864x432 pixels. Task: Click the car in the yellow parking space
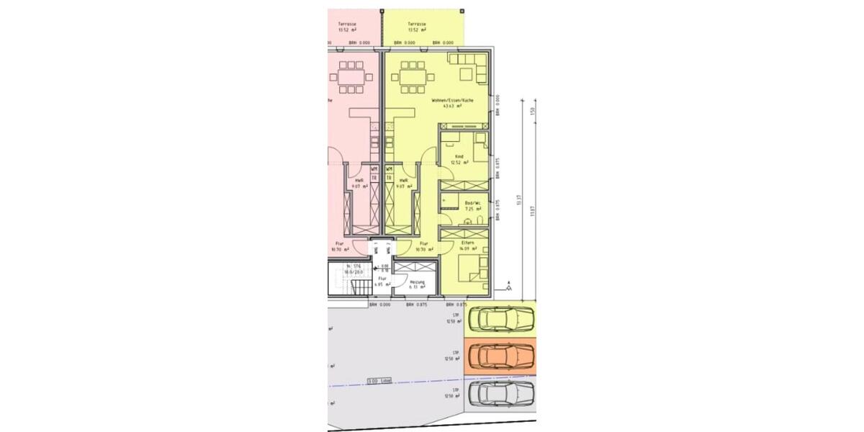click(500, 318)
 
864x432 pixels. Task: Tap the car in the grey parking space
click(500, 394)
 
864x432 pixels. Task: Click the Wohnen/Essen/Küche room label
click(452, 100)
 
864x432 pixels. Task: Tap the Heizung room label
click(418, 282)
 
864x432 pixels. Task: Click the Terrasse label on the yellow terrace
click(417, 24)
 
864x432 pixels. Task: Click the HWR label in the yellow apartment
click(404, 181)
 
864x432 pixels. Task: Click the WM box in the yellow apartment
click(389, 169)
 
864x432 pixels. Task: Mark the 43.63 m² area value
click(452, 106)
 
